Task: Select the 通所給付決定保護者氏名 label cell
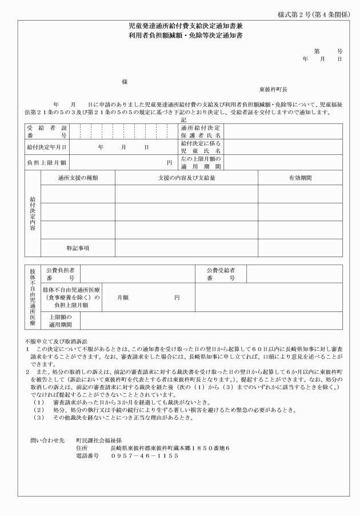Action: tap(197, 132)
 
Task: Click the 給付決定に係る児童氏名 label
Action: tap(197, 147)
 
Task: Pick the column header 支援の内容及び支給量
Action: tap(186, 178)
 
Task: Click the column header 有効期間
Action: tap(300, 178)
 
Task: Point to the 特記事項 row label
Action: tap(78, 248)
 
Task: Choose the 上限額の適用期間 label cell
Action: tap(61, 321)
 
